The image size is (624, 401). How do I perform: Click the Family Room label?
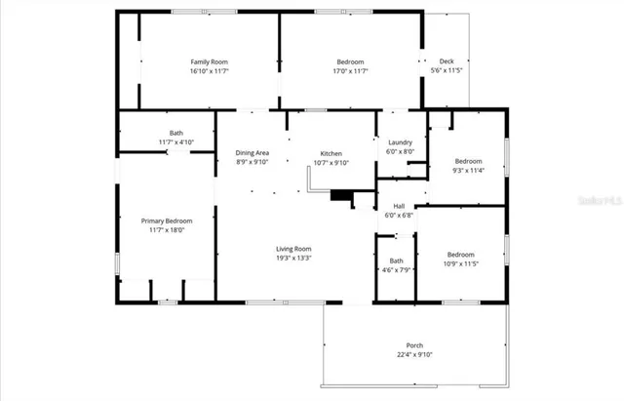pos(209,61)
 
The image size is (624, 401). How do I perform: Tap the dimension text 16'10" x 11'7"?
pos(209,71)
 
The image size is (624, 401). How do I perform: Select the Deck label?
pos(447,61)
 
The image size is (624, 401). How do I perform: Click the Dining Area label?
pos(253,153)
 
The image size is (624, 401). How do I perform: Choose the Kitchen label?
pos(331,153)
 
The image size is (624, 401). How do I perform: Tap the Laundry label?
pos(400,142)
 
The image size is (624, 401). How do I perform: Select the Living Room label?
pos(292,249)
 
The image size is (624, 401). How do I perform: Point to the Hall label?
pos(399,206)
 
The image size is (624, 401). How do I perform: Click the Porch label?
pos(415,345)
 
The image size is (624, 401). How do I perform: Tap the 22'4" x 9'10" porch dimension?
pos(415,355)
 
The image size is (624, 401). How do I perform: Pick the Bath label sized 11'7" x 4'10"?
pos(175,133)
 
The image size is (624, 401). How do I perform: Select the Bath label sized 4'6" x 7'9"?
pos(397,261)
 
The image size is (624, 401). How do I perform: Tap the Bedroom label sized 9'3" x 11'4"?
pos(469,161)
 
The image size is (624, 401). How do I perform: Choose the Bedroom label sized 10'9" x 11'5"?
pos(460,255)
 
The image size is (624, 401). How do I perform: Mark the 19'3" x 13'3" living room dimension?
pos(292,259)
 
